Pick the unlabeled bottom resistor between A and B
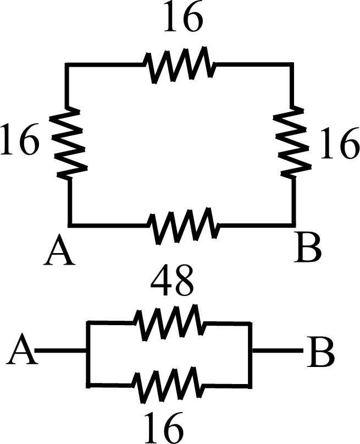184,224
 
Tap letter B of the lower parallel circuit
322,352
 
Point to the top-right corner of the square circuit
291,65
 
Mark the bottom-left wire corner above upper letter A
70,224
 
